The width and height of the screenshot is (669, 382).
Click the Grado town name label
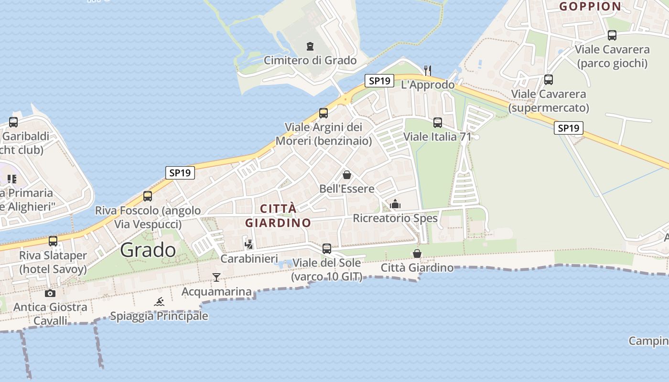(148, 250)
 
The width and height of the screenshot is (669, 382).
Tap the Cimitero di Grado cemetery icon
(310, 46)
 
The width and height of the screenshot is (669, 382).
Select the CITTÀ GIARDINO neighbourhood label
(278, 216)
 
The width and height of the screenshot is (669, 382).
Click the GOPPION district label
(590, 6)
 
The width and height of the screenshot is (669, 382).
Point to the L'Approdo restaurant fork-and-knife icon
(428, 70)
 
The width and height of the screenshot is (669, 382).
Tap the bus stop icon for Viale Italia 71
(438, 123)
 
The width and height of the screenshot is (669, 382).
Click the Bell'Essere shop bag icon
(347, 175)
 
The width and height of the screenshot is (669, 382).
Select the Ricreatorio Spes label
(395, 218)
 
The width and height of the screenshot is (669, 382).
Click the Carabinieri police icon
(248, 244)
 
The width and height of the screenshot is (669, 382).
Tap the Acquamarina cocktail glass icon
(216, 277)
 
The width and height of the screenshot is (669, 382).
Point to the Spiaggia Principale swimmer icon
(159, 302)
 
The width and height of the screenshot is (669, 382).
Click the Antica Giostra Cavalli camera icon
(50, 293)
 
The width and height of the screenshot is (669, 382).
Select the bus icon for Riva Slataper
(53, 241)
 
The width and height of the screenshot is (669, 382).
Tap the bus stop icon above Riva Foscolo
(148, 196)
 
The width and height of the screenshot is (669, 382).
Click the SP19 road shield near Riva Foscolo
(180, 173)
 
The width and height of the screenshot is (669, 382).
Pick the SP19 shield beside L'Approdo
(379, 81)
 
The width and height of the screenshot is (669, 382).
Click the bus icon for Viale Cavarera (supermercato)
(549, 80)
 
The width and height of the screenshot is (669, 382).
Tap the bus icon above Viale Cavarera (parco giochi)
(612, 35)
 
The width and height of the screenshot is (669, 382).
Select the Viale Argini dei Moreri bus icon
(324, 113)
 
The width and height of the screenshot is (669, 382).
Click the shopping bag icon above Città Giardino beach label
(417, 254)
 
